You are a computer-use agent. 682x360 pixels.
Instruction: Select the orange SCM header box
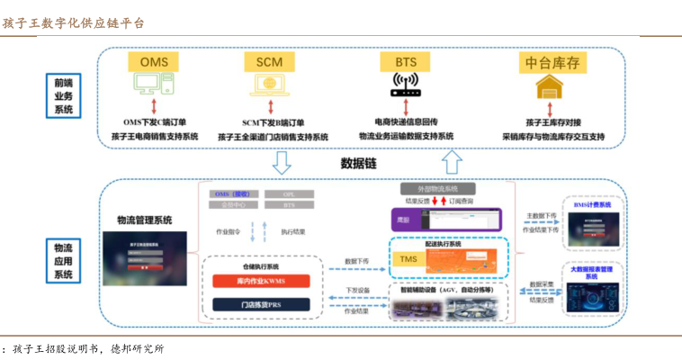[x=269, y=62]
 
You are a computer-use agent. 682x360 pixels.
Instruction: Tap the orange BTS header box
[x=406, y=62]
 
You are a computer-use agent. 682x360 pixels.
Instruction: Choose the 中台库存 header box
[x=549, y=62]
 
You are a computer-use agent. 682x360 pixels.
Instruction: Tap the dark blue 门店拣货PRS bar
[x=261, y=306]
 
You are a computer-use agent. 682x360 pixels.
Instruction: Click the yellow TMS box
[x=408, y=259]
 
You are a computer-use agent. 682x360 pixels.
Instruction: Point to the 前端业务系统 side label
[x=63, y=95]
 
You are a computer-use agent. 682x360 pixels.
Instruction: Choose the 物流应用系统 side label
[x=63, y=260]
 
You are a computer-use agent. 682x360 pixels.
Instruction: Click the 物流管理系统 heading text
[x=144, y=220]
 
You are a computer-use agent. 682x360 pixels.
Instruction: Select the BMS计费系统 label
[x=592, y=205]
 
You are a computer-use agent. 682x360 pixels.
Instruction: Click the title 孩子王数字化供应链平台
[x=73, y=22]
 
